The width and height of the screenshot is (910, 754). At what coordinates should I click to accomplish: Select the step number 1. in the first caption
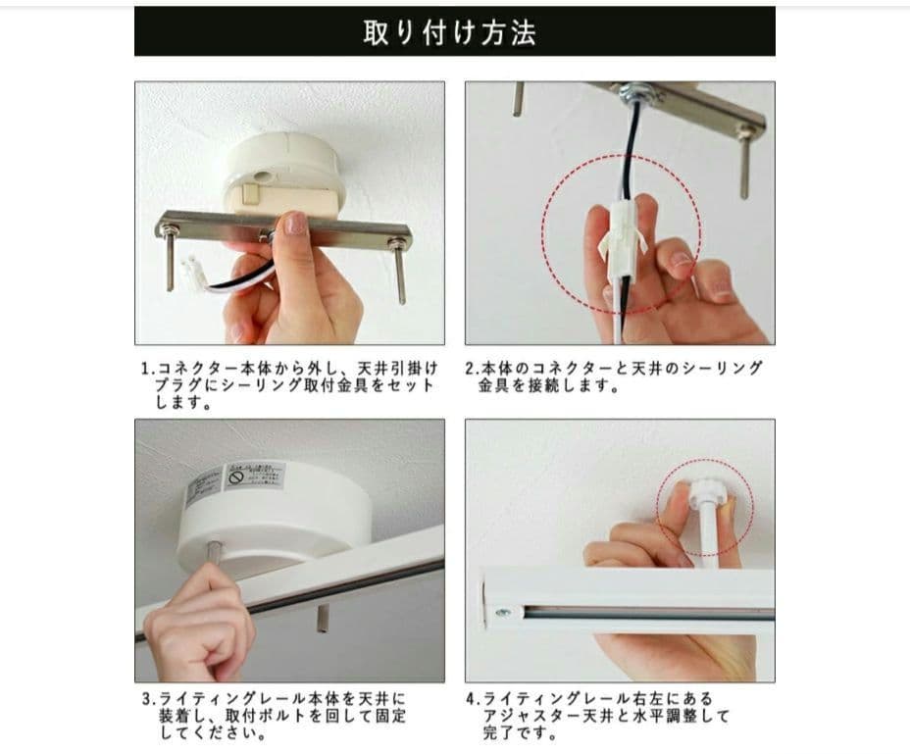click(147, 369)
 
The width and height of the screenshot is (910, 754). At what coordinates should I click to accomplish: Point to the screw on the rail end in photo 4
click(502, 613)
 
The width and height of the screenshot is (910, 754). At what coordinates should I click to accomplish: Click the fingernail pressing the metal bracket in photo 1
click(295, 226)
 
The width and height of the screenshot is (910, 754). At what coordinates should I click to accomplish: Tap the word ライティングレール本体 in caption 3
click(235, 699)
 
